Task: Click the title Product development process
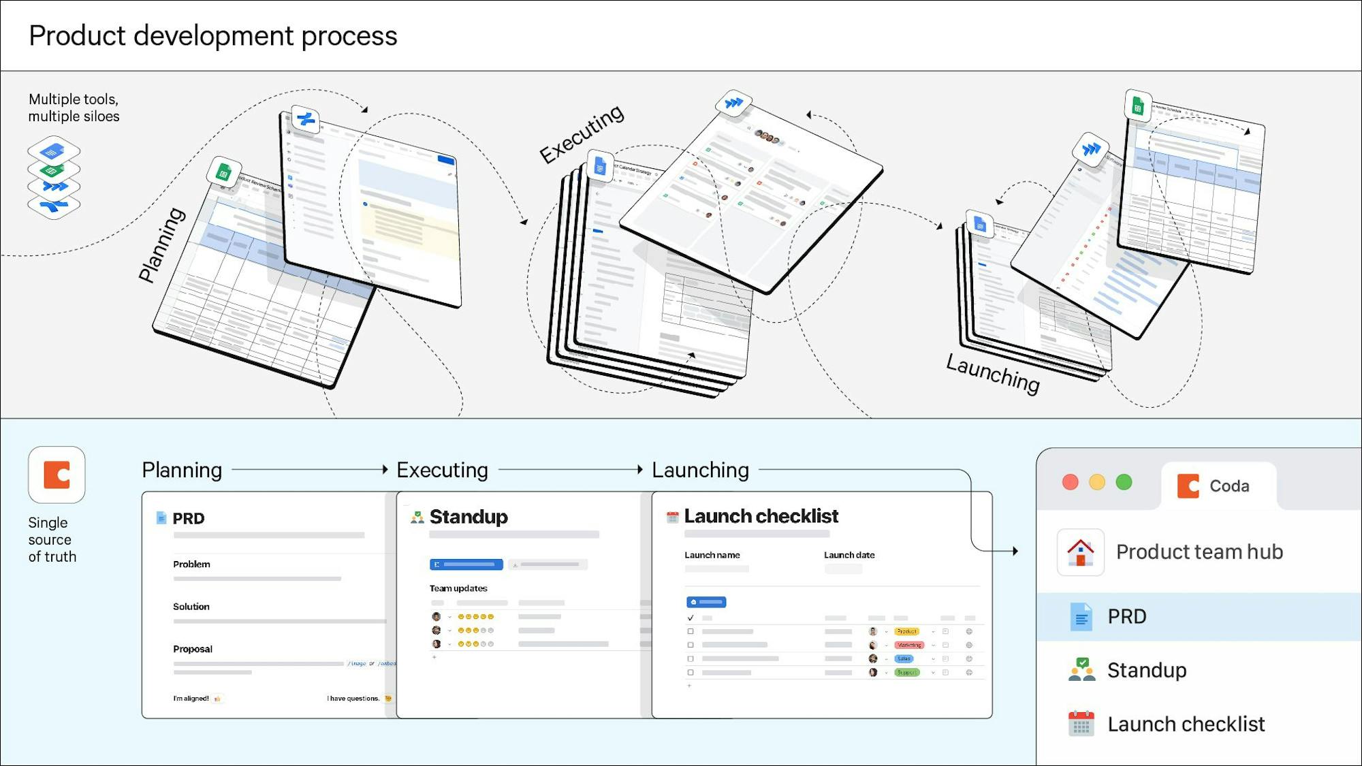[x=212, y=36]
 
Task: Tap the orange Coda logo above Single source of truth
[x=57, y=475]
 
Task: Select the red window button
[x=1070, y=482]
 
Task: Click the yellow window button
[x=1096, y=482]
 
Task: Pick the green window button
[x=1124, y=482]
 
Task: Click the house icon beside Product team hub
[x=1080, y=552]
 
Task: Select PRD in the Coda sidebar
[x=1126, y=616]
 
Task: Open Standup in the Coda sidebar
[x=1146, y=670]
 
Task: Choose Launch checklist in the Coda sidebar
[x=1186, y=724]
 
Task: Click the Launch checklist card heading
[x=761, y=516]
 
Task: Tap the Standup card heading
[x=469, y=517]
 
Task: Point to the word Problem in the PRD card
[x=191, y=564]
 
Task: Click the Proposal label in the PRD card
[x=193, y=649]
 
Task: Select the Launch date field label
[x=849, y=555]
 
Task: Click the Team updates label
[x=458, y=588]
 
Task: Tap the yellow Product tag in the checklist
[x=906, y=631]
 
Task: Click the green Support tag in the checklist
[x=906, y=672]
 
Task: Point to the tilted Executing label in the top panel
[x=582, y=133]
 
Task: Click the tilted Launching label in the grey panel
[x=993, y=373]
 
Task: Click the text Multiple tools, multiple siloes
[x=74, y=108]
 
